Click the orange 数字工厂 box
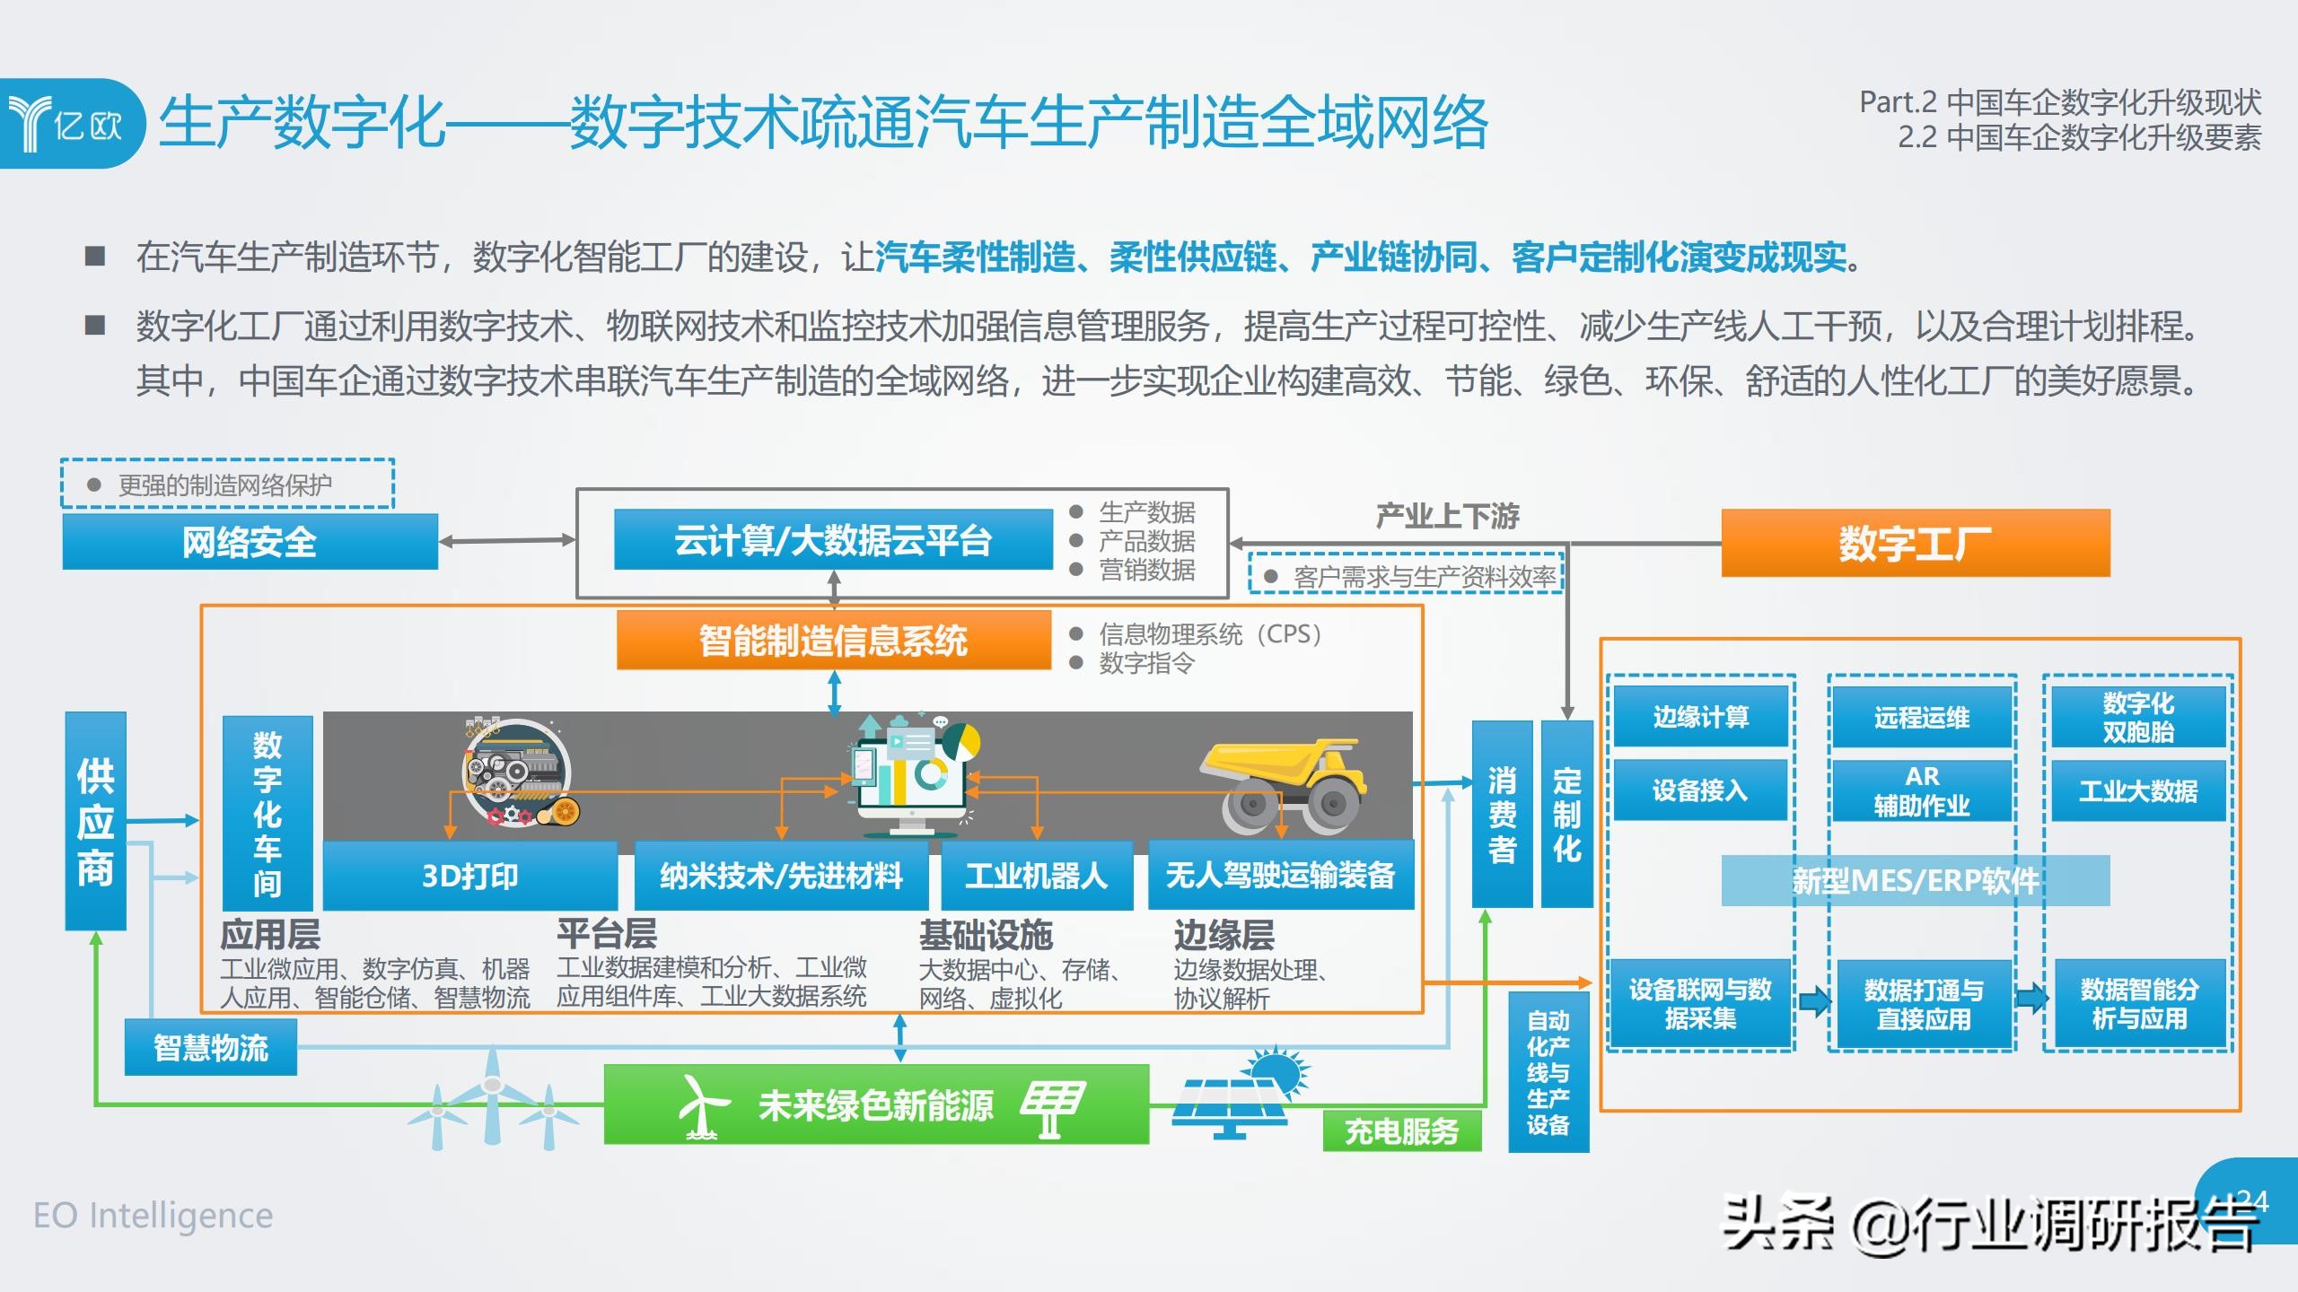point(1916,543)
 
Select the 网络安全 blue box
point(250,542)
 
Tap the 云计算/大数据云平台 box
point(833,539)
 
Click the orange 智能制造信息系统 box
point(834,640)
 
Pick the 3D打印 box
point(470,875)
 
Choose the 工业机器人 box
point(1037,875)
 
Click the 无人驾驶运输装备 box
point(1281,875)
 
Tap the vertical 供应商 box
point(96,821)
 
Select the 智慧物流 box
point(211,1047)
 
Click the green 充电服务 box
point(1402,1131)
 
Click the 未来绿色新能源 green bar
point(876,1104)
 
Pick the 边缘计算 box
point(1701,716)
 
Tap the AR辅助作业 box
point(1922,790)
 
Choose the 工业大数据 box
point(2139,790)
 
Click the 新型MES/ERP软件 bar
point(1916,880)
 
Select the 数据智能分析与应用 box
point(2140,1004)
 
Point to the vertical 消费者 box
point(1503,814)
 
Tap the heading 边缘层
point(1224,935)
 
